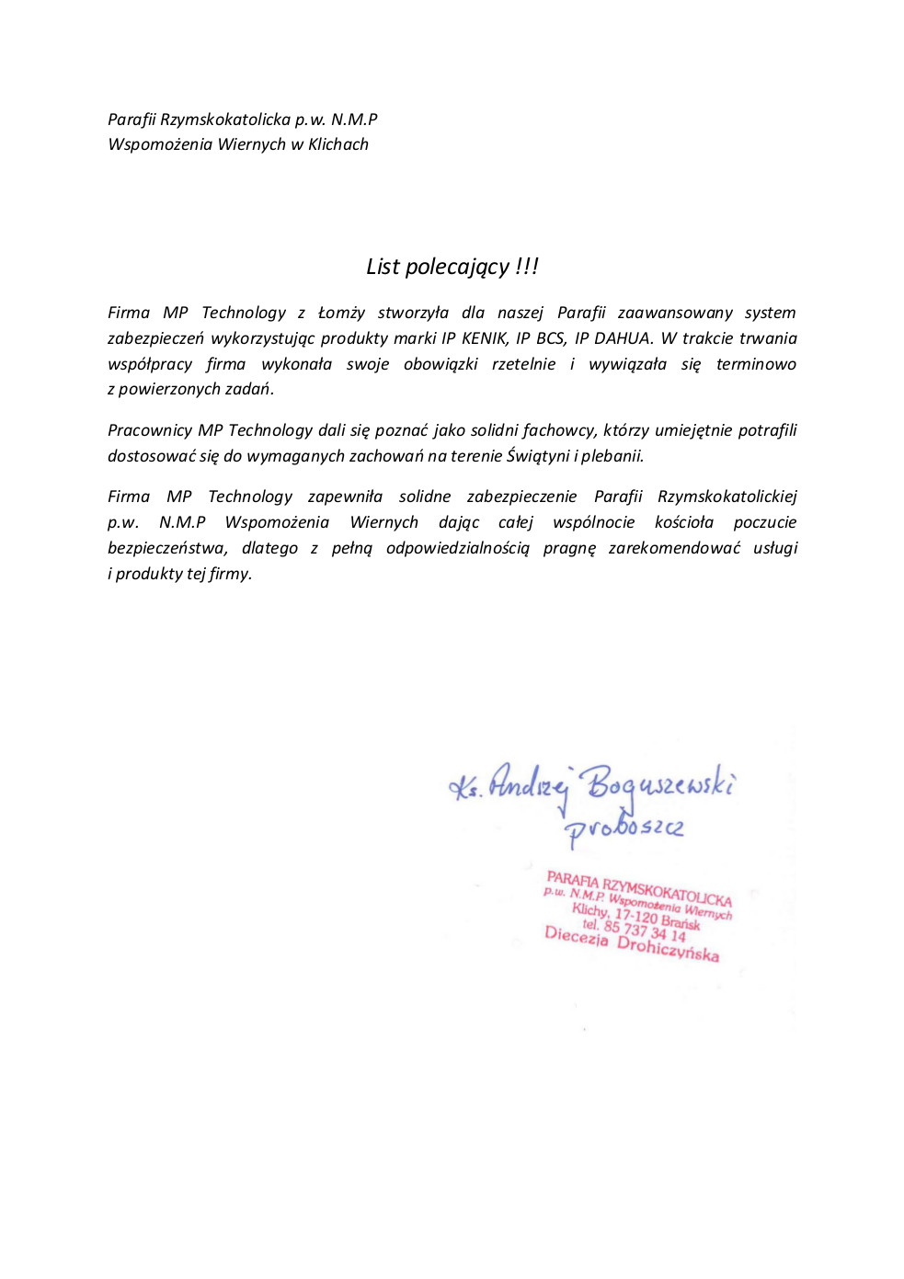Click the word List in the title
[383, 267]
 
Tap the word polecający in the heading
[457, 268]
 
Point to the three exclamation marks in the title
[527, 266]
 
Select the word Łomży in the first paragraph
[341, 313]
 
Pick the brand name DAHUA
[624, 338]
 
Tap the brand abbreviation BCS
[550, 338]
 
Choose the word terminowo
[756, 364]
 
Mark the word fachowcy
[558, 430]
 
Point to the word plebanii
[612, 456]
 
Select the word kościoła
[683, 522]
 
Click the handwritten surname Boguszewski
[660, 784]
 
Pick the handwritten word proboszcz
[624, 828]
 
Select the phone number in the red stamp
[644, 930]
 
